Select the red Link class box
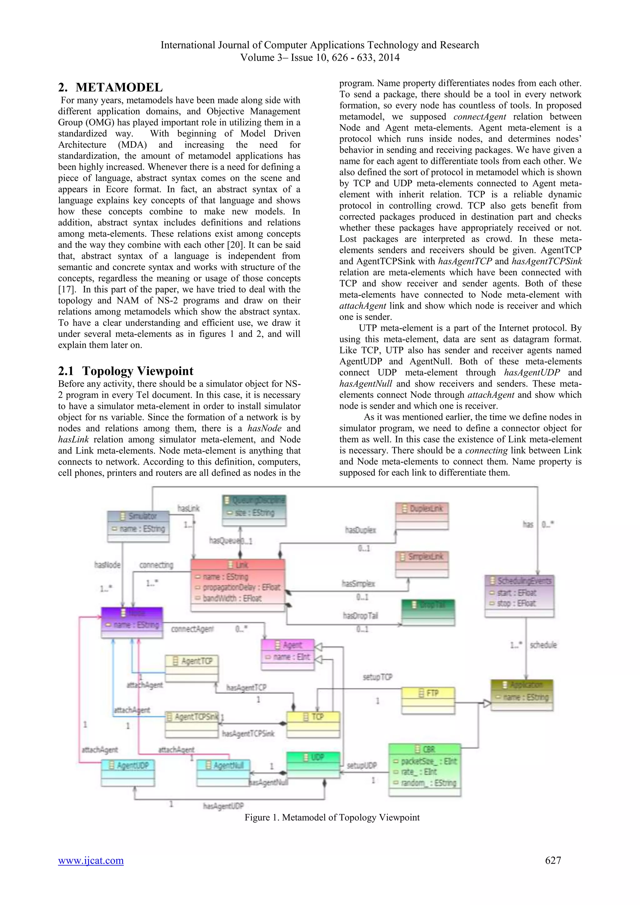237,585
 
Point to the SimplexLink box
422,564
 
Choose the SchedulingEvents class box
519,596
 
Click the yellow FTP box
428,700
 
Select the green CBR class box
424,770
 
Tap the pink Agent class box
288,654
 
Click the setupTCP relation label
377,677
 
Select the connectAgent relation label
192,629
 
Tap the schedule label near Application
543,645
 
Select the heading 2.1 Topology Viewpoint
126,371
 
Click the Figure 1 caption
332,817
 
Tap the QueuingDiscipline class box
254,510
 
